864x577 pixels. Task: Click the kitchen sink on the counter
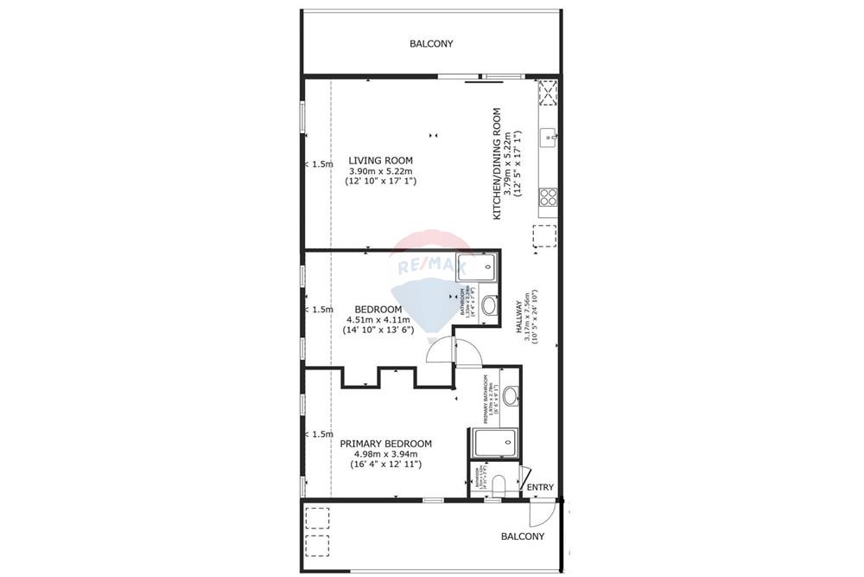548,138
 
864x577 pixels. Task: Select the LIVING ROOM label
380,160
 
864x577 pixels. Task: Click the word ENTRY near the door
540,488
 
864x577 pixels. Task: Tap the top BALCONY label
431,43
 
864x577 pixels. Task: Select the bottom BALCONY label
523,536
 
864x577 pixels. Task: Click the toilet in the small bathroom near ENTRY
500,481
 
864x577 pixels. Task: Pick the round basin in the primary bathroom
511,396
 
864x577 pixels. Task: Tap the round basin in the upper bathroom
489,305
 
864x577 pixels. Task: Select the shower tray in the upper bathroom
477,267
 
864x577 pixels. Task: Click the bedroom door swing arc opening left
441,350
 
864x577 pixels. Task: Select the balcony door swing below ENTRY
538,513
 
